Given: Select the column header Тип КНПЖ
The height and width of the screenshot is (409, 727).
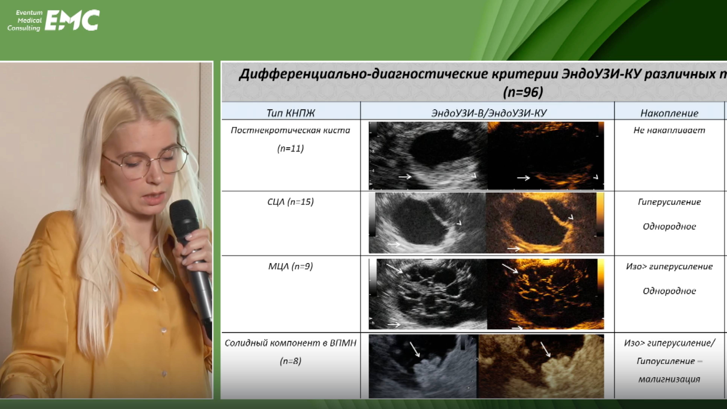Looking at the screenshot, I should pyautogui.click(x=290, y=113).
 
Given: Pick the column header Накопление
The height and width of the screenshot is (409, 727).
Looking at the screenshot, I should pyautogui.click(x=669, y=113).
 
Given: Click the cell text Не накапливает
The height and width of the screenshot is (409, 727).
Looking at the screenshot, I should pyautogui.click(x=669, y=130).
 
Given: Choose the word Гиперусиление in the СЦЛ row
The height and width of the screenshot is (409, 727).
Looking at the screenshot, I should pyautogui.click(x=669, y=202).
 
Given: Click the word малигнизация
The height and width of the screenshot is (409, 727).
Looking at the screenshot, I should pyautogui.click(x=669, y=379).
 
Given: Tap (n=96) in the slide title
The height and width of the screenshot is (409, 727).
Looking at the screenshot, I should pyautogui.click(x=523, y=92).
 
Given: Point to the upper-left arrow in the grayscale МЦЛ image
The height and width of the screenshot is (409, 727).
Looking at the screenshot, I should pyautogui.click(x=395, y=268).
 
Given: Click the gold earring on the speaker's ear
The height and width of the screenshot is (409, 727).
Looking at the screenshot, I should pyautogui.click(x=102, y=180).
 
